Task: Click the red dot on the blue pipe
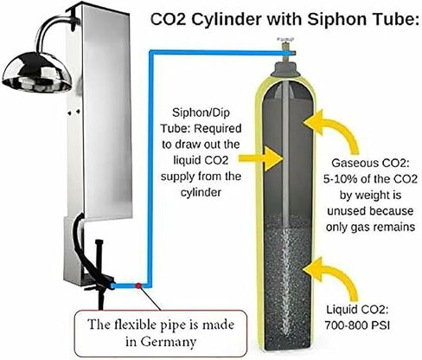(x=138, y=286)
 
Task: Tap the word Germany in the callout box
(x=161, y=342)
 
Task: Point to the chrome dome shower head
(x=37, y=72)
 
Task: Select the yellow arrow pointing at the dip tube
(x=260, y=158)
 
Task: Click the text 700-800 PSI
(x=357, y=325)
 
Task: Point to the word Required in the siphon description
(x=217, y=128)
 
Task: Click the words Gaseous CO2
(x=370, y=163)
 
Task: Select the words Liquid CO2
(x=357, y=310)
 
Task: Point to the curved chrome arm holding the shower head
(x=53, y=30)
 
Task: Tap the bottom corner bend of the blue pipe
(x=149, y=286)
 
